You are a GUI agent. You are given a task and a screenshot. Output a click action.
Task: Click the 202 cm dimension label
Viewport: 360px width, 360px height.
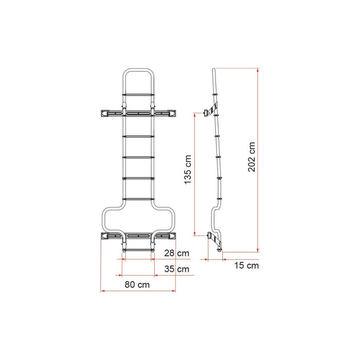[251, 157]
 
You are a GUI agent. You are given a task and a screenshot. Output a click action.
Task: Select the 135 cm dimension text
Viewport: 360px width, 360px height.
[188, 170]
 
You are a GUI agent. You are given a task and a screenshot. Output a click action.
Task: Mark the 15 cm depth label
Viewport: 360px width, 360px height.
[246, 265]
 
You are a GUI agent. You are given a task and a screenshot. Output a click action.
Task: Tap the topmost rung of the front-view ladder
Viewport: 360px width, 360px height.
[137, 95]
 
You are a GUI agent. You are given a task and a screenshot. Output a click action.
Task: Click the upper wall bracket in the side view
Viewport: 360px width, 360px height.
[210, 112]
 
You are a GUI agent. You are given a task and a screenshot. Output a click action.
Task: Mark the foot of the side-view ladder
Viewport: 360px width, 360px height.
[221, 250]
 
